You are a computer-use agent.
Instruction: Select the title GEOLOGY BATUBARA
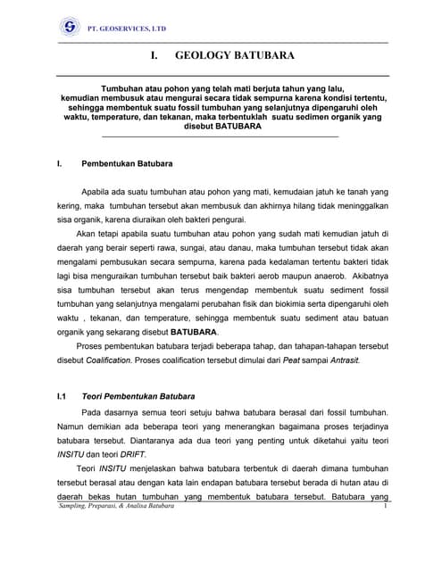[222, 55]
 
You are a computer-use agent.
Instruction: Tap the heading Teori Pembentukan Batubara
[138, 395]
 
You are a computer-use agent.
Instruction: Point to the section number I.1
[62, 395]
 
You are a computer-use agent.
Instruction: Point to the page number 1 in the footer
[383, 507]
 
